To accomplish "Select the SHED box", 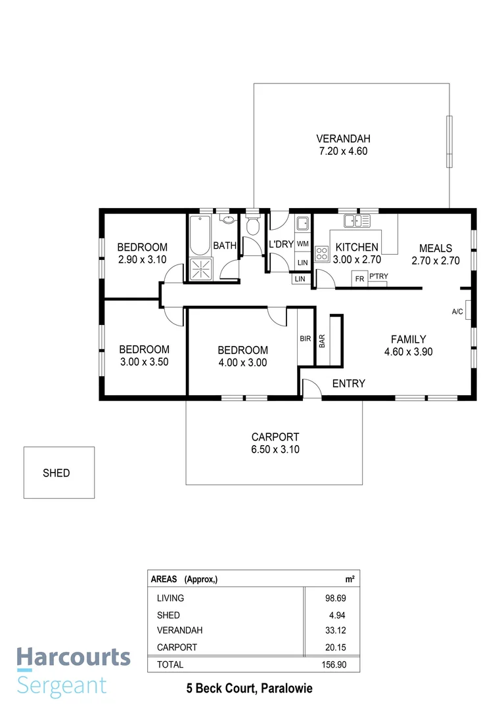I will click(58, 473).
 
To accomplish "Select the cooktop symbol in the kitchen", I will click(322, 254).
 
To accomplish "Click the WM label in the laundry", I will click(302, 244).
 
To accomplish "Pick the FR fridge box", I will click(359, 278).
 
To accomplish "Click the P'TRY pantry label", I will click(378, 277).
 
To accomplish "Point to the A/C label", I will click(457, 311).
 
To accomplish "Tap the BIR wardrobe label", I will click(305, 339).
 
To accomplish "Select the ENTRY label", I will click(348, 383).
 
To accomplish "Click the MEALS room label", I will click(435, 248).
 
